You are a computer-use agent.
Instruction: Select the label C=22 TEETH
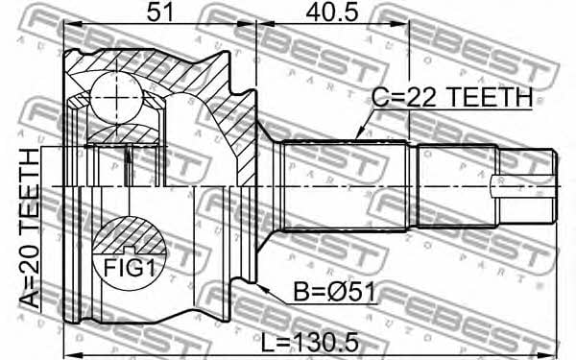452,97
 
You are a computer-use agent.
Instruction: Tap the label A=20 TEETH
30,228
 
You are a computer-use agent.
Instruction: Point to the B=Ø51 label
335,293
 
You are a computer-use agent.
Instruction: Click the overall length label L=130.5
309,343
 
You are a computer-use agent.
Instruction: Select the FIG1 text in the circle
129,268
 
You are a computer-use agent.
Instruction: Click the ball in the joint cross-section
116,98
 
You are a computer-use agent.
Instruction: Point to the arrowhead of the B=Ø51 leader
261,288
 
